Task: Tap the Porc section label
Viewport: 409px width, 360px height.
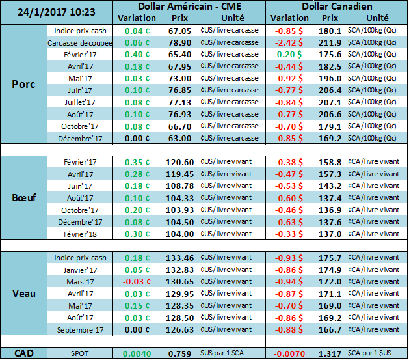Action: click(x=24, y=83)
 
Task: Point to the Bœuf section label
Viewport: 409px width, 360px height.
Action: click(x=24, y=197)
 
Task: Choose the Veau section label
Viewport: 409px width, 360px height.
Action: click(x=24, y=293)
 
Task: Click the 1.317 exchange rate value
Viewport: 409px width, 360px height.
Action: click(x=330, y=353)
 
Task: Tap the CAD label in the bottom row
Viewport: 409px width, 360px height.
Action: click(x=24, y=353)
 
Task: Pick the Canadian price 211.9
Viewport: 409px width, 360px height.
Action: click(x=330, y=43)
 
